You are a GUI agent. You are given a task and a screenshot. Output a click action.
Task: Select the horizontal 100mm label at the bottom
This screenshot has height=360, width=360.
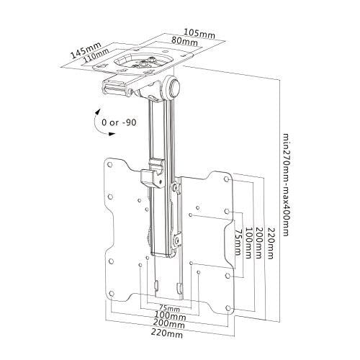point(169,316)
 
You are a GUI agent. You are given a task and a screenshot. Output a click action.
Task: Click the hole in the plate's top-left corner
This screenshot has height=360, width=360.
point(111,165)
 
